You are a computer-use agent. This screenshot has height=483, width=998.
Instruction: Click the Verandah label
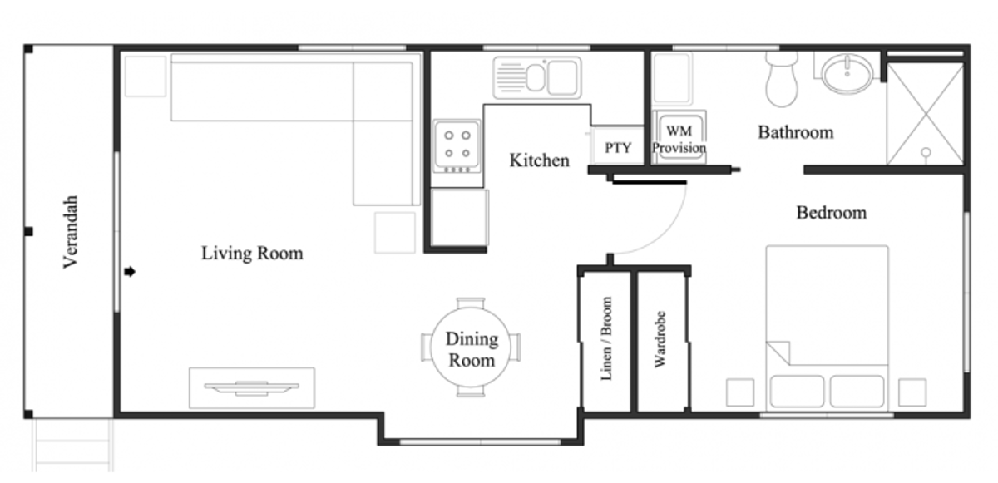(71, 232)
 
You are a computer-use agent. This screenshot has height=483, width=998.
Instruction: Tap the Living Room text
(252, 253)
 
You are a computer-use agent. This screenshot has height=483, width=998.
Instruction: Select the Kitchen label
(539, 160)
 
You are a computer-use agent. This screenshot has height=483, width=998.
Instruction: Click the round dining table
(472, 348)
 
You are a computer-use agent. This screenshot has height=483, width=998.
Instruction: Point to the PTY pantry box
(617, 148)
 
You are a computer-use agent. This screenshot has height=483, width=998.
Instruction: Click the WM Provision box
(679, 138)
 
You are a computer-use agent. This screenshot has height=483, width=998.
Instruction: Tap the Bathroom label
(795, 132)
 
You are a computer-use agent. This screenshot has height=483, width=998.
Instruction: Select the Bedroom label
(831, 213)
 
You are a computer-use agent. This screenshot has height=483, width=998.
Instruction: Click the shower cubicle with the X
(924, 113)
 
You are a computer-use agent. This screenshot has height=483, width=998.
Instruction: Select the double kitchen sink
(536, 77)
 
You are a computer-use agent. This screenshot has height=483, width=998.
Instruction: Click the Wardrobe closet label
(661, 340)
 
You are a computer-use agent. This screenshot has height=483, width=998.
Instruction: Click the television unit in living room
(252, 387)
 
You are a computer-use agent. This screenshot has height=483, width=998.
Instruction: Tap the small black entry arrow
(131, 272)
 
